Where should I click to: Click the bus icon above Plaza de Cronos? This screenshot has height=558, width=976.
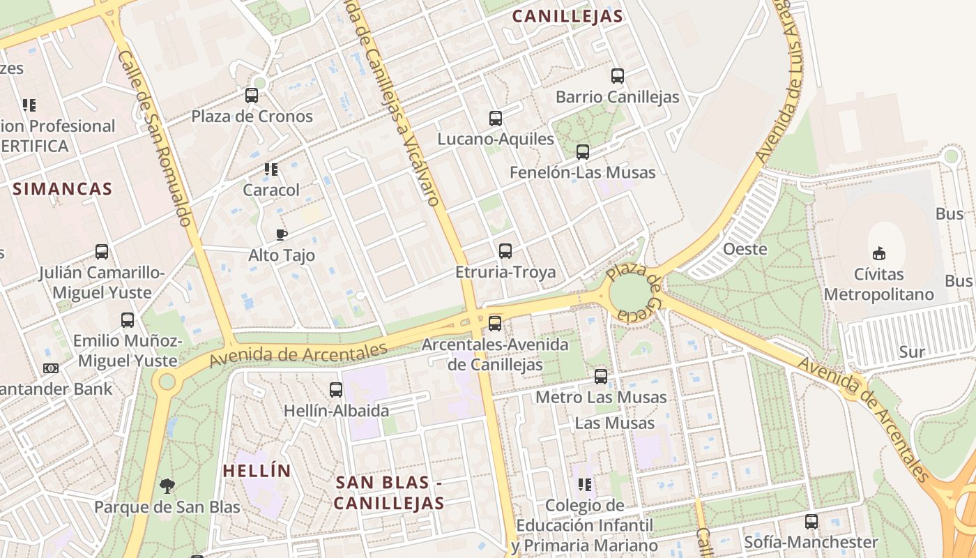pyautogui.click(x=252, y=96)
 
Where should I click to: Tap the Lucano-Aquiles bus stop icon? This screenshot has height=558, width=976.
pyautogui.click(x=496, y=119)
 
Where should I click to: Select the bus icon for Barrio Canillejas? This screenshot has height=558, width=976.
pyautogui.click(x=617, y=76)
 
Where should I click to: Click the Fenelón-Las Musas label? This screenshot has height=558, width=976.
pyautogui.click(x=583, y=172)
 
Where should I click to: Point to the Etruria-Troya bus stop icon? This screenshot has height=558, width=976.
pyautogui.click(x=505, y=251)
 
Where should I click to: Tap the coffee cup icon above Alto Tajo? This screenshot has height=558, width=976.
pyautogui.click(x=282, y=234)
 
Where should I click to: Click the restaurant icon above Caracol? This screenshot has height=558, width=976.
pyautogui.click(x=271, y=169)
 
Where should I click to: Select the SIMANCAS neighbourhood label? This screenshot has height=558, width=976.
pyautogui.click(x=62, y=188)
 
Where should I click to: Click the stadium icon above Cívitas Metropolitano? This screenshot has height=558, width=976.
pyautogui.click(x=879, y=253)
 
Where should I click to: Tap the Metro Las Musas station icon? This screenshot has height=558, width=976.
pyautogui.click(x=601, y=377)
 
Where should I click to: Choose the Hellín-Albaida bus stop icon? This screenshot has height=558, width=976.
pyautogui.click(x=336, y=390)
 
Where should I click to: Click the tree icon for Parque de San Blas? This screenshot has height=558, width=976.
pyautogui.click(x=167, y=485)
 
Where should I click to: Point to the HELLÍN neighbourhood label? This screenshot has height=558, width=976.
pyautogui.click(x=257, y=471)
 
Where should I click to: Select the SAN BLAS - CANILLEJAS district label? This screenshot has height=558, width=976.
pyautogui.click(x=389, y=492)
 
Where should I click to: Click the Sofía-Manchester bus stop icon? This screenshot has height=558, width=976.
pyautogui.click(x=811, y=521)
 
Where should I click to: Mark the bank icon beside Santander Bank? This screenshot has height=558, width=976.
pyautogui.click(x=50, y=368)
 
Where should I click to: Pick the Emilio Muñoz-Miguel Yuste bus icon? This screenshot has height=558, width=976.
pyautogui.click(x=127, y=320)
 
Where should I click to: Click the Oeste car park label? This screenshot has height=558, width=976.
pyautogui.click(x=745, y=249)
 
